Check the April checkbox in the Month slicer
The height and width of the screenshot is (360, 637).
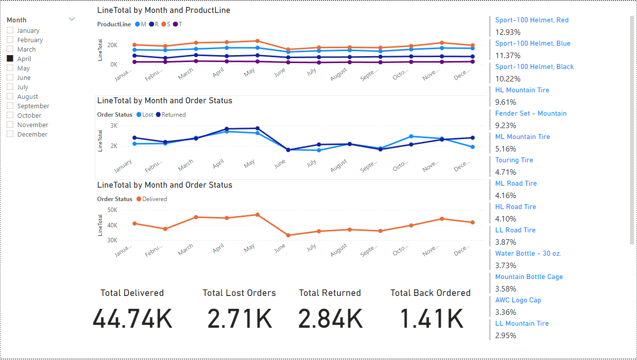(10, 59)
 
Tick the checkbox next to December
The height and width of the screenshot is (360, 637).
(10, 134)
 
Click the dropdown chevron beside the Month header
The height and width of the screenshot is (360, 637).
(72, 19)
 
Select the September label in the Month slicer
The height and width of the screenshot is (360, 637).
(33, 106)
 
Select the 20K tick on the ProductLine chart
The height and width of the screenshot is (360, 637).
(112, 45)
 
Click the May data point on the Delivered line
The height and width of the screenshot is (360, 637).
(257, 215)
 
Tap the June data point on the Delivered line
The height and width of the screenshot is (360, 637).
(288, 235)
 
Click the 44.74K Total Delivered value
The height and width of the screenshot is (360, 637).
(132, 319)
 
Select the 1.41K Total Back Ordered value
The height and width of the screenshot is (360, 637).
(430, 319)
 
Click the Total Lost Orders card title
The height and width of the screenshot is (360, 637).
(239, 293)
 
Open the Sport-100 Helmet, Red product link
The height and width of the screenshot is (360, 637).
(532, 20)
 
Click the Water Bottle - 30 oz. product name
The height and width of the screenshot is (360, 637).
(528, 254)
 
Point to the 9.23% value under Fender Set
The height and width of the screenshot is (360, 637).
(505, 126)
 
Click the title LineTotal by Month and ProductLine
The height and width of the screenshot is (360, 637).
(163, 10)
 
